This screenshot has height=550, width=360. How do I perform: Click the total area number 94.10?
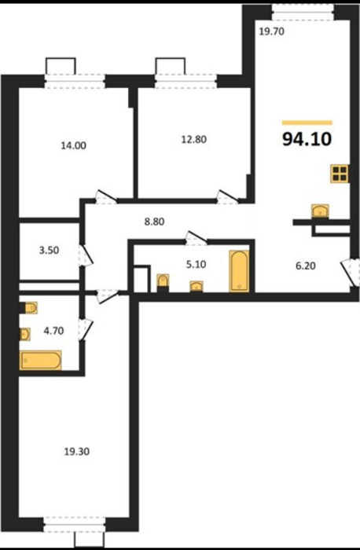click(x=307, y=139)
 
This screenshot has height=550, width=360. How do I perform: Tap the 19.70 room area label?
click(x=272, y=32)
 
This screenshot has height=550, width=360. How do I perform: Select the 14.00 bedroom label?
click(x=73, y=145)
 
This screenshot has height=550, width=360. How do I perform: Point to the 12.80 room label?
click(x=193, y=139)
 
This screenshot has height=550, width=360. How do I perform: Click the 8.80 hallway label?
click(x=154, y=222)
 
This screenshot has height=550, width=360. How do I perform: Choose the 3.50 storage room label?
click(x=49, y=251)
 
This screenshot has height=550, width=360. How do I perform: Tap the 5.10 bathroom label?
click(x=197, y=264)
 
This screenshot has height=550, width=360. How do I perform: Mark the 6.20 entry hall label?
click(x=305, y=266)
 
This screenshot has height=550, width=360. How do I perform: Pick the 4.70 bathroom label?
click(x=53, y=331)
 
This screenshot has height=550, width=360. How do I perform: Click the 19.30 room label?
click(x=76, y=452)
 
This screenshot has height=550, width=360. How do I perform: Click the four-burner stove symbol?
click(x=340, y=174)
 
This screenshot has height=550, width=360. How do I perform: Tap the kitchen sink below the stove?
click(x=320, y=211)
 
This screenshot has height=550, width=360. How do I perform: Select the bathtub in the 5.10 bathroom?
click(x=239, y=271)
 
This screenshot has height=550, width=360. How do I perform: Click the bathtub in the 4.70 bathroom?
click(x=41, y=360)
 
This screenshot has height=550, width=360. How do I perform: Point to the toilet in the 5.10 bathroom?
click(x=163, y=283)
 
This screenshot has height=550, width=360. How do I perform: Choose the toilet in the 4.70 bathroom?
click(x=29, y=308)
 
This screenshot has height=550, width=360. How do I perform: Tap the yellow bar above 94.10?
click(x=307, y=123)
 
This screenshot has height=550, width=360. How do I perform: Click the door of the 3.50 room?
click(x=86, y=255)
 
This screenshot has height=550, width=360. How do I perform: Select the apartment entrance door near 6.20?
click(x=351, y=272)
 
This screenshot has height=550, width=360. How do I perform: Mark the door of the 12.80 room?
click(x=227, y=197)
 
